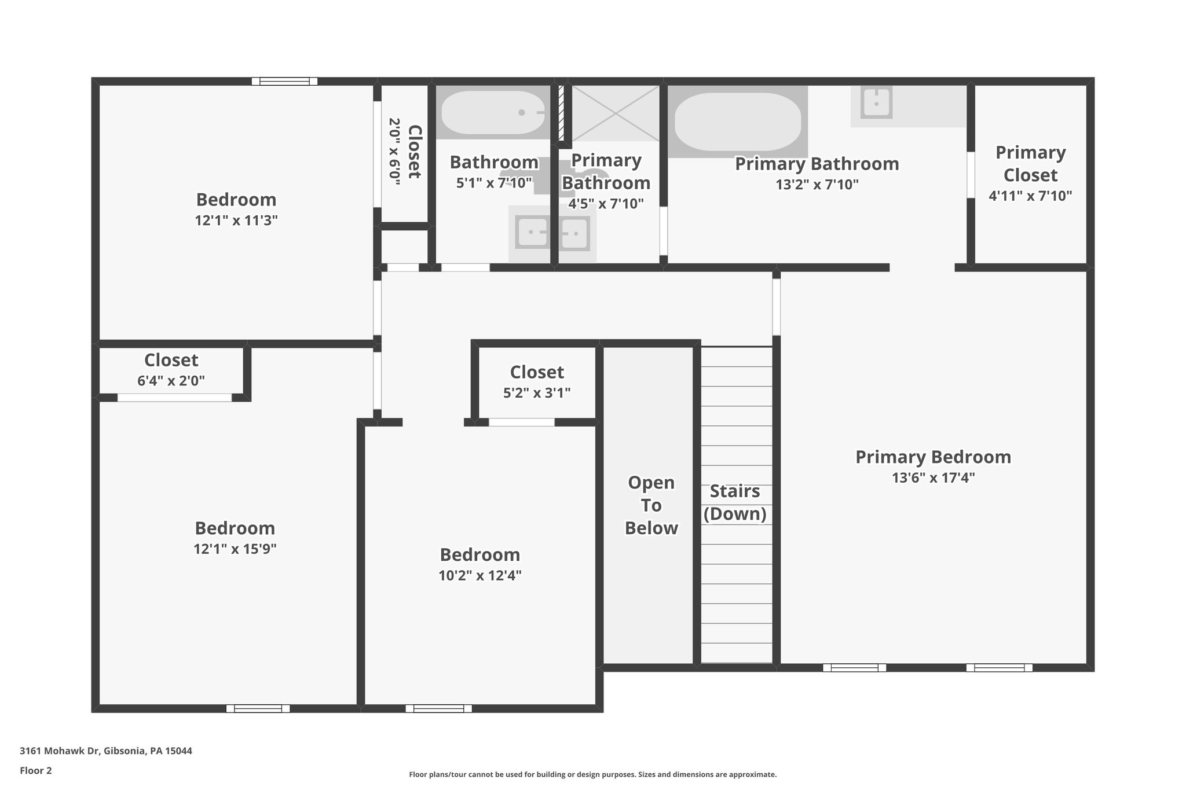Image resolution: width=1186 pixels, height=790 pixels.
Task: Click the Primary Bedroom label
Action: click(x=933, y=457)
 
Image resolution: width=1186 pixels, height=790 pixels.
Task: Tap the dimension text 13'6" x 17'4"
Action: click(x=933, y=478)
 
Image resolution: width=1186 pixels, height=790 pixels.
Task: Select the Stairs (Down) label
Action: click(x=735, y=502)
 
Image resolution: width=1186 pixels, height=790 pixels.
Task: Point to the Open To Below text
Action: click(x=651, y=505)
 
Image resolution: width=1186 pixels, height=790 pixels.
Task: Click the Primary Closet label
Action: click(x=1030, y=164)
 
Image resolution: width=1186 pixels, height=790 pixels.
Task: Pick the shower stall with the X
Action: click(x=615, y=113)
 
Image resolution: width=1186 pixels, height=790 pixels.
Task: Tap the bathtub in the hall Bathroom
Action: click(x=493, y=112)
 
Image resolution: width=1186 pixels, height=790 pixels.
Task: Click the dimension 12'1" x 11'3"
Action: click(x=236, y=221)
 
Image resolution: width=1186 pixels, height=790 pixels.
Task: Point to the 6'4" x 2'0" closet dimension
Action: click(x=171, y=381)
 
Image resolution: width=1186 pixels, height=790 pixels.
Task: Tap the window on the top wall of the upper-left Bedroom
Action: click(x=284, y=82)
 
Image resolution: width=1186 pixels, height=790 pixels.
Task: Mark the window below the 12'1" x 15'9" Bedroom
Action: click(x=258, y=708)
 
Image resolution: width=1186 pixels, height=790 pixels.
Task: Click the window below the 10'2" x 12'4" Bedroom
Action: click(x=438, y=708)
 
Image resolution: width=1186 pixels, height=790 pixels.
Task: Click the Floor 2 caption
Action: click(x=36, y=770)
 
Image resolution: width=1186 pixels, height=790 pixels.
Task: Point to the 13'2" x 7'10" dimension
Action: click(x=817, y=185)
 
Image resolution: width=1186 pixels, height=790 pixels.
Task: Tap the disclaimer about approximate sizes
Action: click(x=592, y=774)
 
